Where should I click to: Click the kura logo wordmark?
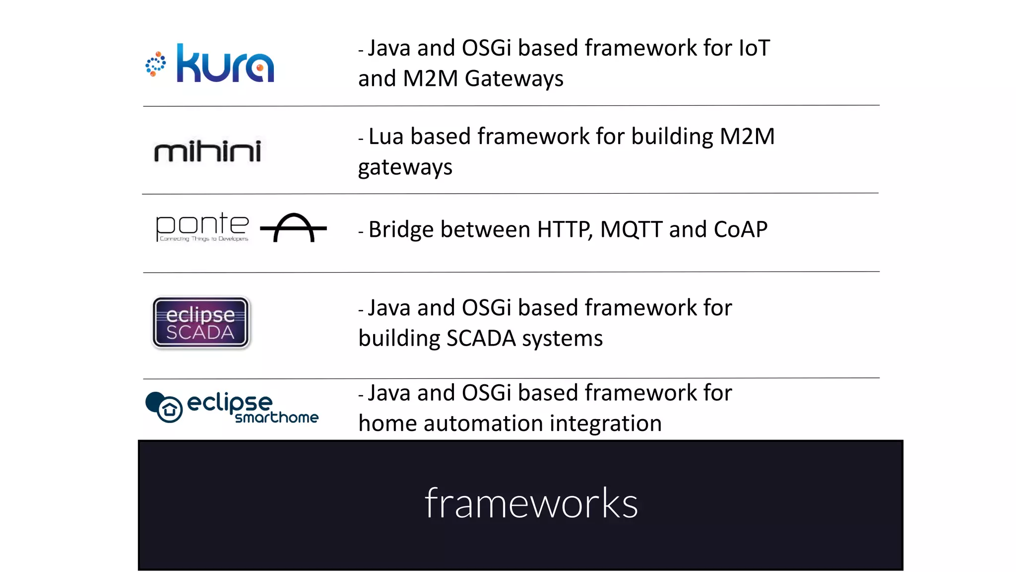pyautogui.click(x=225, y=64)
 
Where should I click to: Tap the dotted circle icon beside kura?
pyautogui.click(x=155, y=64)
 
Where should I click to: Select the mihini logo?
pyautogui.click(x=207, y=151)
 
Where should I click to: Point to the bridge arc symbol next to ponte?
pyautogui.click(x=293, y=227)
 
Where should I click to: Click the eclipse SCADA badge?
pyautogui.click(x=201, y=323)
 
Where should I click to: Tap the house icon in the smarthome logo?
pyautogui.click(x=170, y=410)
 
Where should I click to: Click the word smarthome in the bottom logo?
pyautogui.click(x=276, y=418)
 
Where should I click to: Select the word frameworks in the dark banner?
pyautogui.click(x=531, y=503)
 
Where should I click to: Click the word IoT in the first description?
pyautogui.click(x=754, y=48)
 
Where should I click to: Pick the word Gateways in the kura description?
pyautogui.click(x=514, y=79)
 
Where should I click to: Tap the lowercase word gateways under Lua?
pyautogui.click(x=405, y=167)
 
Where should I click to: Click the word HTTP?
pyautogui.click(x=565, y=230)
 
